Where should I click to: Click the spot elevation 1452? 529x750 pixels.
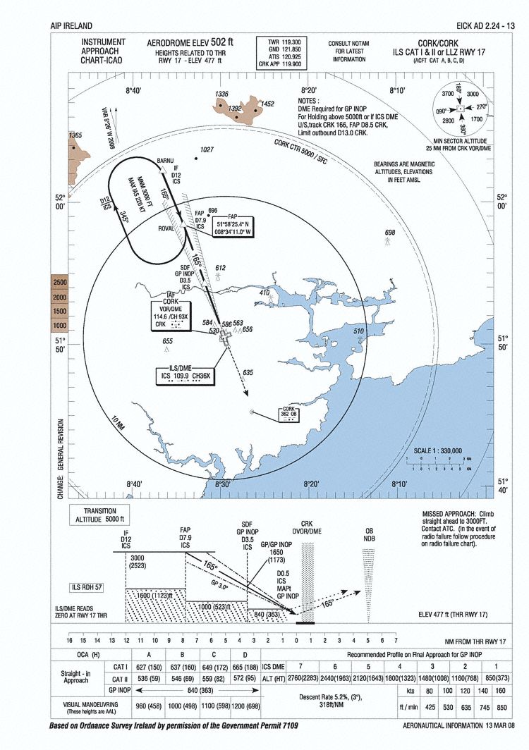click(x=267, y=104)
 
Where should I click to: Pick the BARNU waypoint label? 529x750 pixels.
click(x=164, y=161)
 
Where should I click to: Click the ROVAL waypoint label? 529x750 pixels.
click(x=166, y=228)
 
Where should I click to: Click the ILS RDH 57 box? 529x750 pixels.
click(x=87, y=587)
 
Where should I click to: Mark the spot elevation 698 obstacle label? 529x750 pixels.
click(x=390, y=232)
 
